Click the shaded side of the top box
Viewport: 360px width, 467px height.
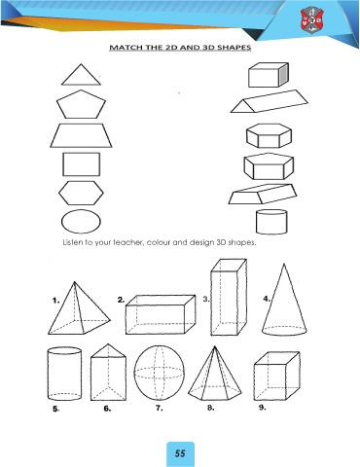(283, 75)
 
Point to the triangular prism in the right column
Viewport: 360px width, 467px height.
(270, 102)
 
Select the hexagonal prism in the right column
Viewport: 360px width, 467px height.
(269, 136)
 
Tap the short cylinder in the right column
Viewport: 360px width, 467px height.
(271, 222)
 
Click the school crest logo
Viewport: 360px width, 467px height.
(311, 20)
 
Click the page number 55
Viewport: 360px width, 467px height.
(180, 453)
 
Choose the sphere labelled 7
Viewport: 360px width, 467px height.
(160, 373)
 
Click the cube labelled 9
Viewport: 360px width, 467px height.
(276, 377)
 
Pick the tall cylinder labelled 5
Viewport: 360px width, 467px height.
(64, 374)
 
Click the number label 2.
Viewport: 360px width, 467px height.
(121, 300)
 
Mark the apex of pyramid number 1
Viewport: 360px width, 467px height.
(75, 281)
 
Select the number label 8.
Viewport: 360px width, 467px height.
(211, 408)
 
